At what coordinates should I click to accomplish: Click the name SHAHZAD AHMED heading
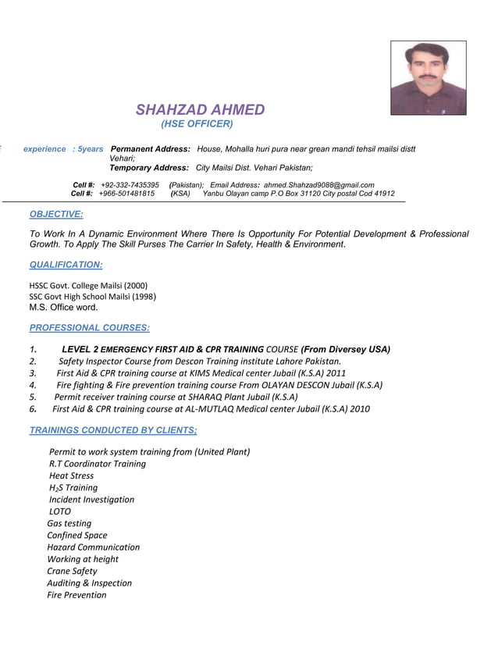pyautogui.click(x=201, y=110)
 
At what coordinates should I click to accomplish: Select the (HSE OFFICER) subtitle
pyautogui.click(x=197, y=124)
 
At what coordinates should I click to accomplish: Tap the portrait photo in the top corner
pyautogui.click(x=428, y=78)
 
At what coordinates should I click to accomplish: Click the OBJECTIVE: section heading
pyautogui.click(x=55, y=214)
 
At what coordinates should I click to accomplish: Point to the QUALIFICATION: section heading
pyautogui.click(x=66, y=265)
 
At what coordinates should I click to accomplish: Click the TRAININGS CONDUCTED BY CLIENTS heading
pyautogui.click(x=112, y=429)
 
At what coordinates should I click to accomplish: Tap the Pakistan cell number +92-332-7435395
pyautogui.click(x=130, y=184)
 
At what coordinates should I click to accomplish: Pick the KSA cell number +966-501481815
pyautogui.click(x=126, y=194)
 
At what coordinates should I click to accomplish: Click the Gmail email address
pyautogui.click(x=319, y=184)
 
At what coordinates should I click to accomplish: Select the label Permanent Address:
pyautogui.click(x=151, y=148)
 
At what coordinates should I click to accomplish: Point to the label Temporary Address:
pyautogui.click(x=149, y=168)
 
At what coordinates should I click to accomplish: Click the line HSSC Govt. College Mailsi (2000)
pyautogui.click(x=88, y=285)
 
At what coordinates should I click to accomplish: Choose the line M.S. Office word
pyautogui.click(x=63, y=307)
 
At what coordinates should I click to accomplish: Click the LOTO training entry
pyautogui.click(x=60, y=511)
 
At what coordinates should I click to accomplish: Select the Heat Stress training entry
pyautogui.click(x=71, y=476)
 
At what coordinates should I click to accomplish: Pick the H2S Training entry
pyautogui.click(x=73, y=488)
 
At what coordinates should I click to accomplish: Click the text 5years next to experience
pyautogui.click(x=91, y=148)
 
